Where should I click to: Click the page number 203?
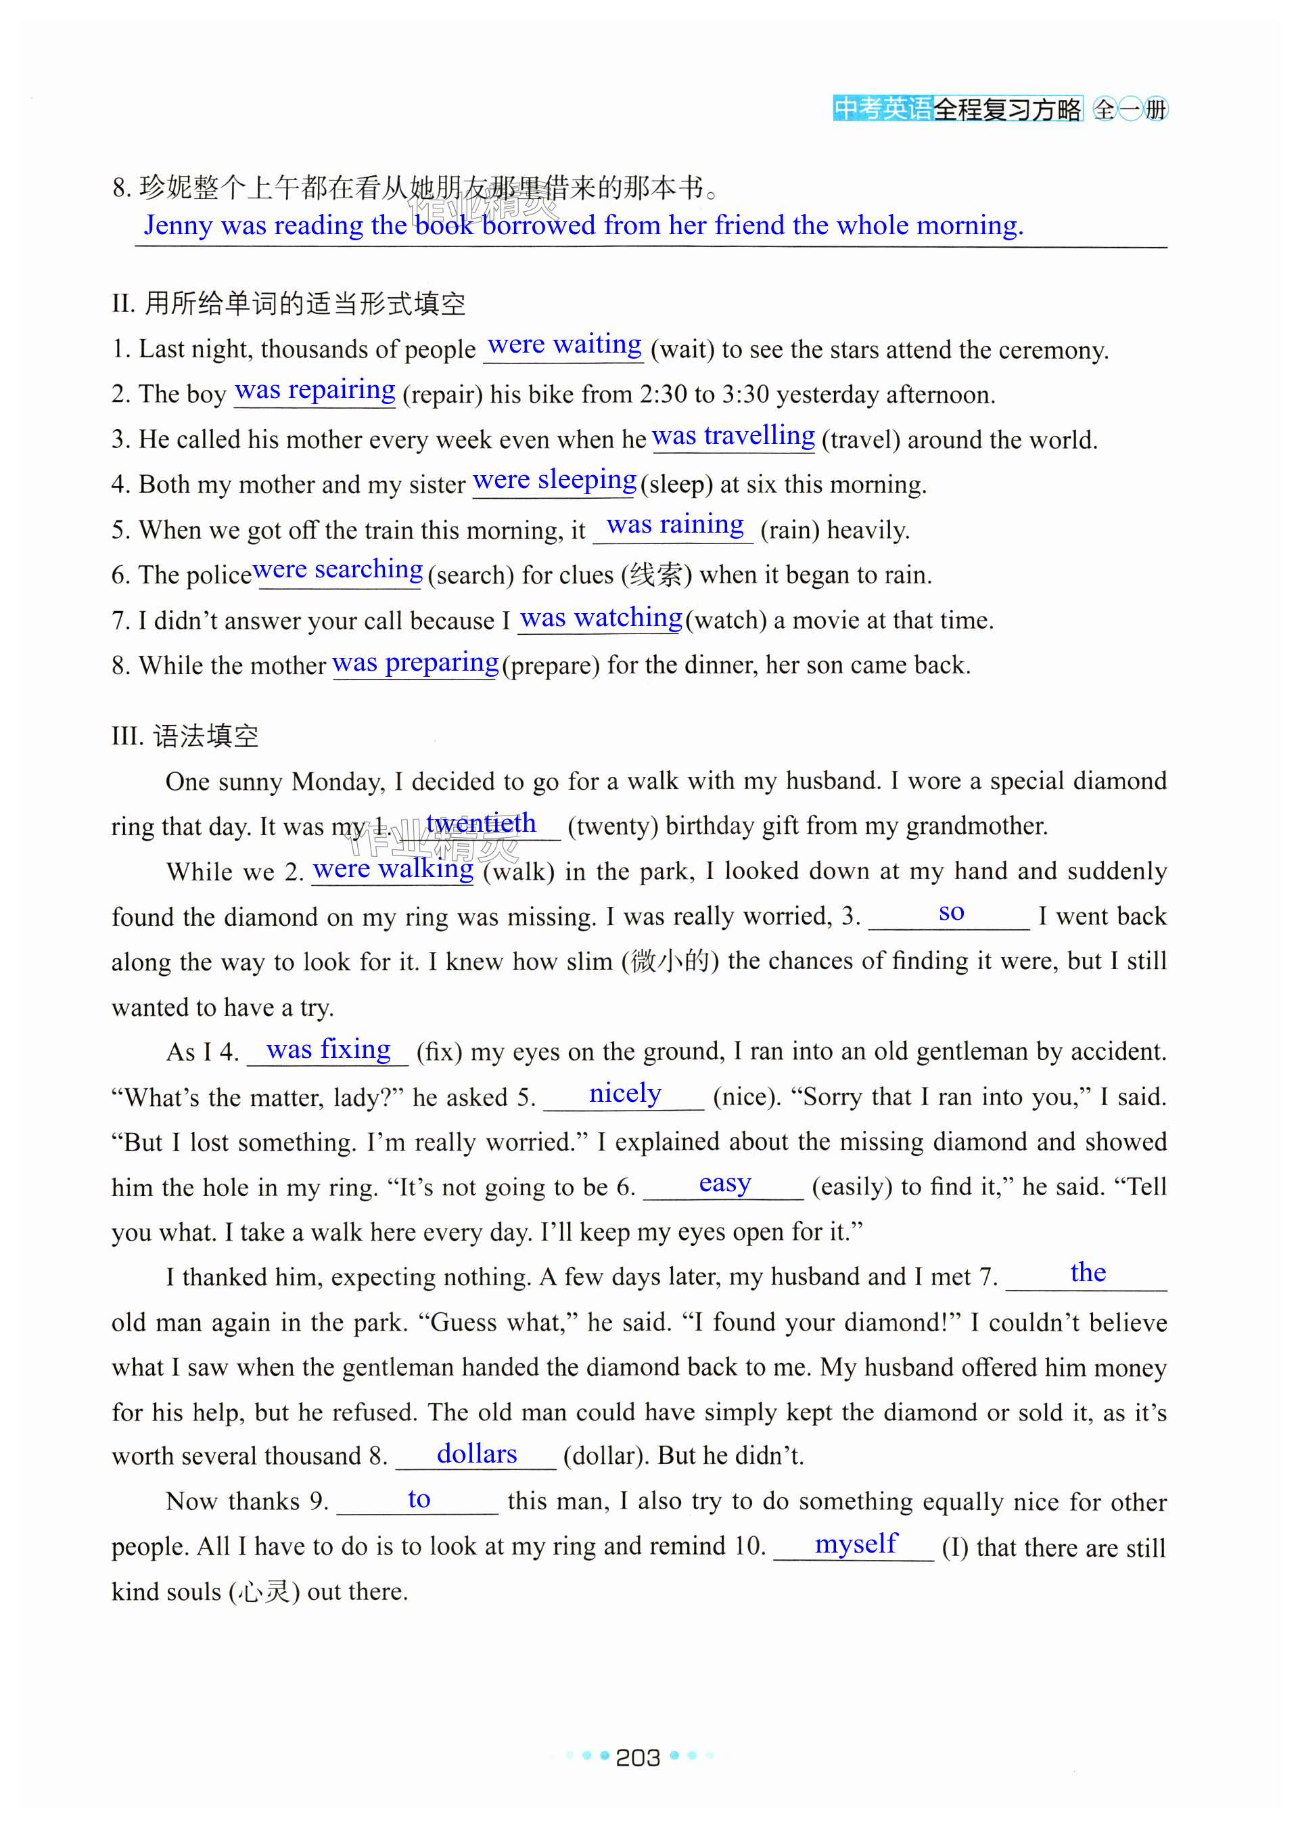(x=637, y=1757)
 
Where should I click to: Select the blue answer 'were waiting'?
(x=564, y=345)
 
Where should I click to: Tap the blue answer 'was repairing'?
(x=315, y=390)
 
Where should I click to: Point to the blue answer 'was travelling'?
(x=733, y=436)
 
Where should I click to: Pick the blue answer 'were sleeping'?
(x=554, y=481)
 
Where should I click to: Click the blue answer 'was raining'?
(x=675, y=525)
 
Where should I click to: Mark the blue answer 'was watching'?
(x=601, y=617)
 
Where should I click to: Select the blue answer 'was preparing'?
(x=415, y=663)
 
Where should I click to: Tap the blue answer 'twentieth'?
(x=480, y=823)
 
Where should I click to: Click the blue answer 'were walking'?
(x=393, y=869)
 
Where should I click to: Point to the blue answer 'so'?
(x=951, y=912)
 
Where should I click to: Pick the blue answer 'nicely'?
(x=625, y=1093)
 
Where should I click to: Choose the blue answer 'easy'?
(x=724, y=1183)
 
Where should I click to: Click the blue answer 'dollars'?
(x=476, y=1454)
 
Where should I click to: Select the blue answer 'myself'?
(x=856, y=1543)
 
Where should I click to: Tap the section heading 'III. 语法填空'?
(x=185, y=736)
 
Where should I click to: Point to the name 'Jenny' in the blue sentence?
(x=178, y=226)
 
